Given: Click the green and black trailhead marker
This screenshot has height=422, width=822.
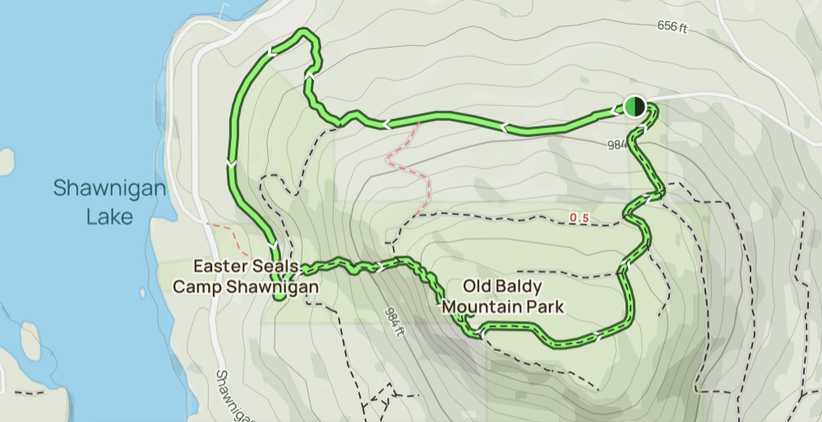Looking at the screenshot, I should pyautogui.click(x=634, y=106).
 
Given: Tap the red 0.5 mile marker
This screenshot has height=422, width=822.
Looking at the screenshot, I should pyautogui.click(x=579, y=218).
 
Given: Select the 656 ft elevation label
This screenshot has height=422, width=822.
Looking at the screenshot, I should pyautogui.click(x=672, y=26).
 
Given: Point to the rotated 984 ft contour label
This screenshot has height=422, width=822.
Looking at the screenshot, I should pyautogui.click(x=396, y=322).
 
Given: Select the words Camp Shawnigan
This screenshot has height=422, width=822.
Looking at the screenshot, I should pyautogui.click(x=244, y=287).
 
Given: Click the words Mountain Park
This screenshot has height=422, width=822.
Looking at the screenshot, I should pyautogui.click(x=503, y=308).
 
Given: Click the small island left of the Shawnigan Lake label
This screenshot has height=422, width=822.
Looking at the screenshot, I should pyautogui.click(x=7, y=161).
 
